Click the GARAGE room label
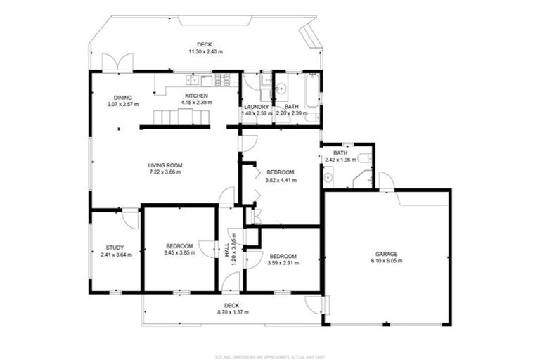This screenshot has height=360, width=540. click(x=387, y=253)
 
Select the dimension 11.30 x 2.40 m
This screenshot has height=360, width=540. click(x=205, y=51)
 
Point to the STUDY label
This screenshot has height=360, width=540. click(x=115, y=247)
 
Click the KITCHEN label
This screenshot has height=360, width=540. click(x=196, y=96)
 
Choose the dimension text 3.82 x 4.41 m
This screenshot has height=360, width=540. click(x=281, y=180)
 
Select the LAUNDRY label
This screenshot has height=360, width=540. click(x=256, y=106)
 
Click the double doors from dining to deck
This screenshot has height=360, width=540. click(x=116, y=62)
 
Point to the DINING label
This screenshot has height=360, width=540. click(x=123, y=97)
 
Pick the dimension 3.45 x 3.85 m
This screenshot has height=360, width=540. click(x=179, y=253)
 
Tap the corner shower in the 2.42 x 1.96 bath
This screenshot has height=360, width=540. click(x=364, y=179)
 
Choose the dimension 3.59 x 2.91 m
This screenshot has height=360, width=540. click(x=283, y=263)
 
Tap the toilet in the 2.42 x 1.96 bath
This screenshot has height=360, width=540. click(x=361, y=157)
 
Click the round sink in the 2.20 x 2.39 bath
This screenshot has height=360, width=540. click(x=281, y=89)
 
